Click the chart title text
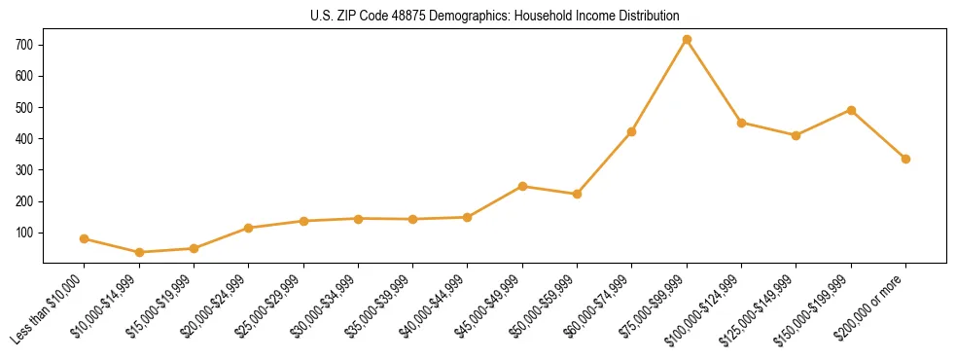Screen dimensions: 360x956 (x=495, y=16)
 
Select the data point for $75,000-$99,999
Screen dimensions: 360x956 (x=687, y=40)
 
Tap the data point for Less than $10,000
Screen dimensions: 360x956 (x=85, y=238)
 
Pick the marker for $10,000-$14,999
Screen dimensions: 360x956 (x=139, y=252)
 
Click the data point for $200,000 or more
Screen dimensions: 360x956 (x=905, y=159)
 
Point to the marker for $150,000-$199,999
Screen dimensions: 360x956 (x=851, y=110)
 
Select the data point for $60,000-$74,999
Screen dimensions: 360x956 (x=632, y=131)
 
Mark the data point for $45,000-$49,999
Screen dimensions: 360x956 (x=522, y=186)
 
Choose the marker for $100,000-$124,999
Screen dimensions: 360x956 (x=741, y=123)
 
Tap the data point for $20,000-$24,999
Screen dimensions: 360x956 (x=249, y=228)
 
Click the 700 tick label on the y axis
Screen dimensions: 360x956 (x=25, y=45)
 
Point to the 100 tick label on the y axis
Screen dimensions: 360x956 (x=25, y=233)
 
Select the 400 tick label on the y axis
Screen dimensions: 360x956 (x=25, y=138)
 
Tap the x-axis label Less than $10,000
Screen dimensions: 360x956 (x=48, y=309)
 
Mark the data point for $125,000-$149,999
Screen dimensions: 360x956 (x=796, y=135)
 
